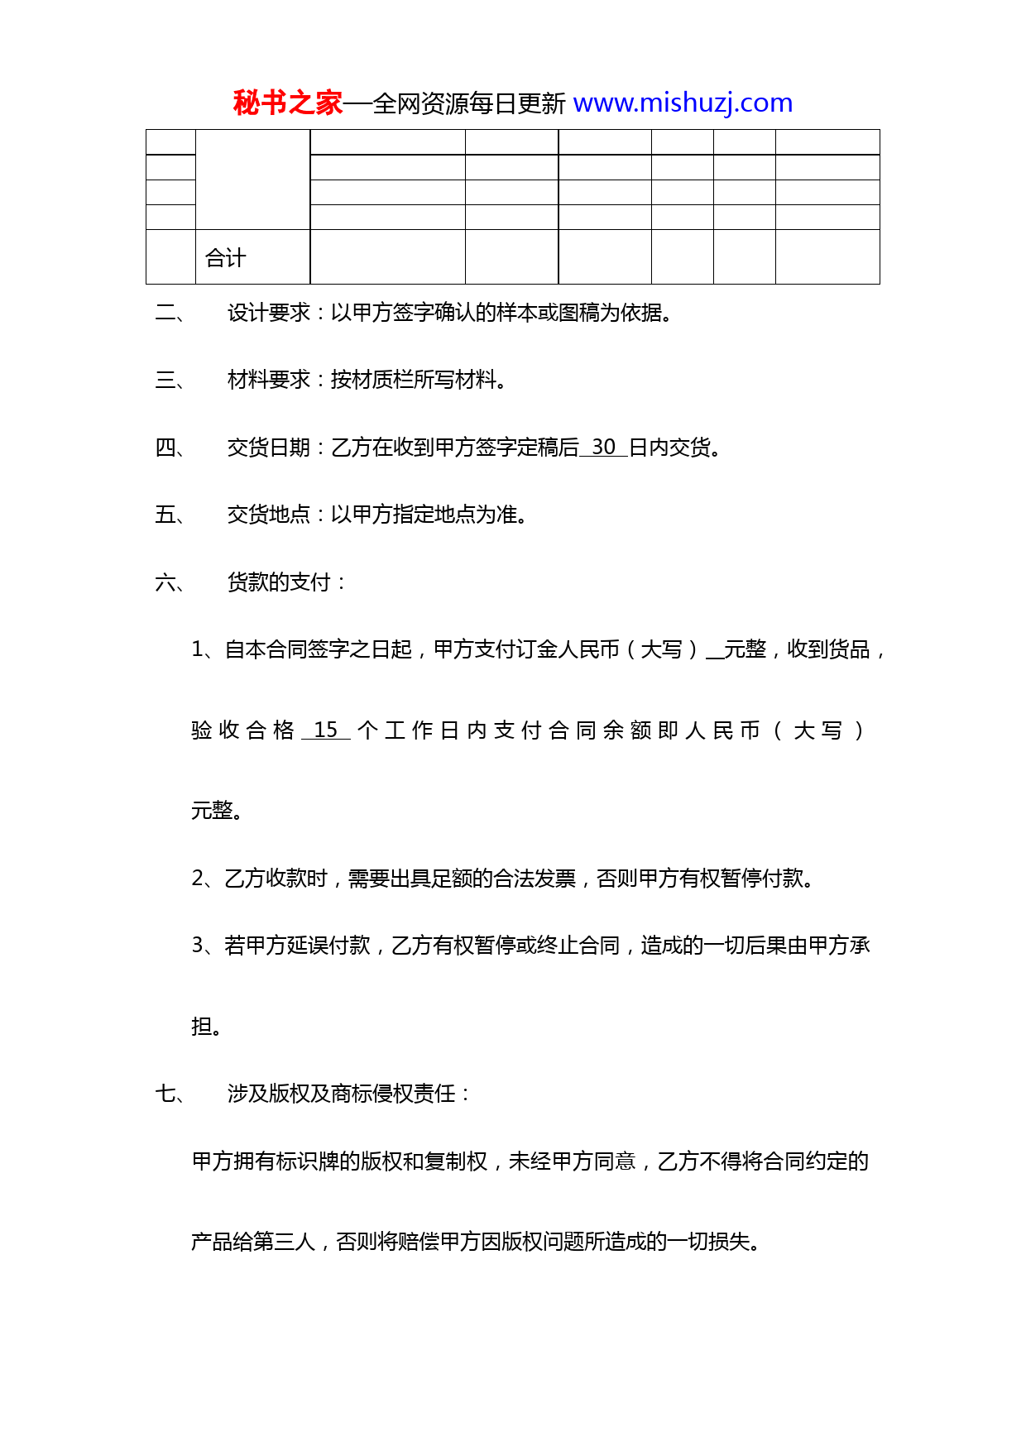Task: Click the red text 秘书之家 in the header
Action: pyautogui.click(x=287, y=103)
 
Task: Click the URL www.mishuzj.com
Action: pyautogui.click(x=683, y=103)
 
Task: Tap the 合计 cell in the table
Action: pyautogui.click(x=225, y=258)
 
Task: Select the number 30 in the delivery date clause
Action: pyautogui.click(x=603, y=448)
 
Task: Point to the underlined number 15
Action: pyautogui.click(x=326, y=730)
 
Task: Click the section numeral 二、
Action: pyautogui.click(x=170, y=313)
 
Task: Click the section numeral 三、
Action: pyautogui.click(x=170, y=381)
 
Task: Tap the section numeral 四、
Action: pyautogui.click(x=170, y=448)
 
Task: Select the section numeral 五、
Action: pyautogui.click(x=170, y=515)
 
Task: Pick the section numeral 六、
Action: pyautogui.click(x=170, y=583)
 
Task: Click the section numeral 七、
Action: pyautogui.click(x=170, y=1094)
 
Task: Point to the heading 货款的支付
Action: pyautogui.click(x=279, y=583)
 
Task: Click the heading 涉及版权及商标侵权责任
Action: pyautogui.click(x=342, y=1094)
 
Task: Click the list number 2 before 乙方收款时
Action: pyautogui.click(x=199, y=879)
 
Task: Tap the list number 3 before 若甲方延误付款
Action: pyautogui.click(x=199, y=946)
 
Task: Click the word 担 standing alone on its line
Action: pyautogui.click(x=202, y=1027)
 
